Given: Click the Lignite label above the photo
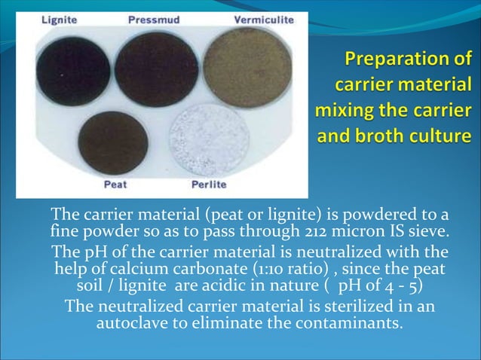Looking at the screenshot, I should [x=57, y=20].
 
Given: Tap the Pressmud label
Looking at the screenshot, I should [x=155, y=20].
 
